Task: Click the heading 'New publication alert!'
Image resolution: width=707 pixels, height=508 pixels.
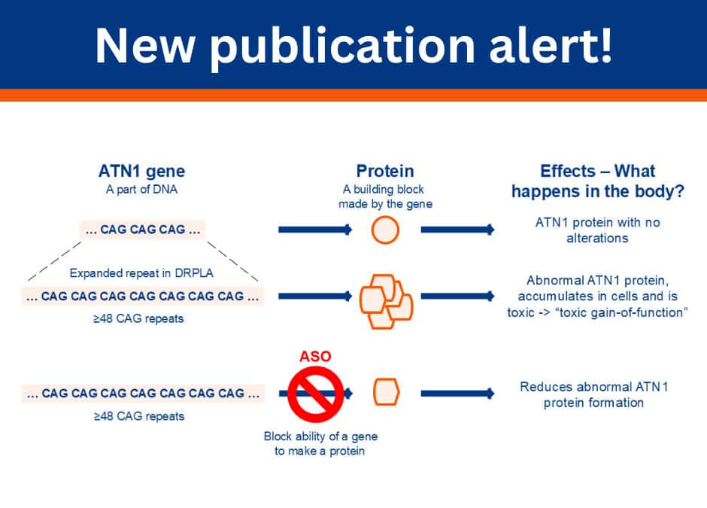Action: [x=353, y=46]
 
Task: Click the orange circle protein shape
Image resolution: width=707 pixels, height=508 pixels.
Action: [x=385, y=230]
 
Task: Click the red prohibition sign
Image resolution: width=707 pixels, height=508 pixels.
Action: [x=315, y=393]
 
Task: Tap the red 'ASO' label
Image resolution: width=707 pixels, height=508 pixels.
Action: [x=315, y=356]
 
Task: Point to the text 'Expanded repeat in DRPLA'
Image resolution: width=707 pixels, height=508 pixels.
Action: [x=141, y=273]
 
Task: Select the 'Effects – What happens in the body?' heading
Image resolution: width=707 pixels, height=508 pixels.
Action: [x=597, y=181]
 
